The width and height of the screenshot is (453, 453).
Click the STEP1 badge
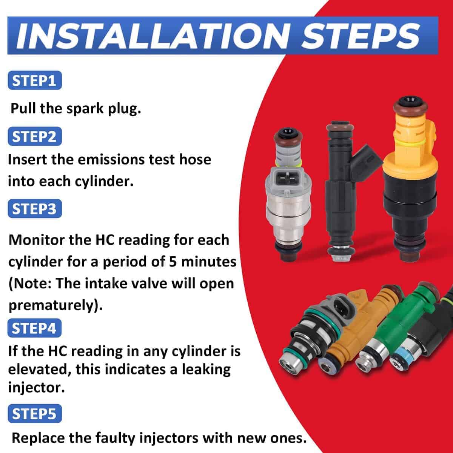point(35,80)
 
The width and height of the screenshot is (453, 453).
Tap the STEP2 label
point(35,136)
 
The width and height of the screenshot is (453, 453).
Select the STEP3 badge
point(35,208)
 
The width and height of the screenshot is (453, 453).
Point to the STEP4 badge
point(35,328)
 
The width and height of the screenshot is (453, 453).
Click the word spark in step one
point(85,109)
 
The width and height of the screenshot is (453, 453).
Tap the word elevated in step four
point(39,370)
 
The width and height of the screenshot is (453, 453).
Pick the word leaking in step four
point(206,370)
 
